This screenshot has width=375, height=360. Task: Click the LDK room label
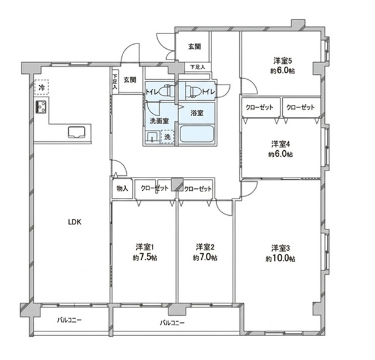tap(74, 222)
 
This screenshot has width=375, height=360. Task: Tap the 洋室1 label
tap(145, 247)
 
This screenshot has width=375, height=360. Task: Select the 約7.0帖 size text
tap(205, 258)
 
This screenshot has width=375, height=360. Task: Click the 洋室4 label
tap(280, 144)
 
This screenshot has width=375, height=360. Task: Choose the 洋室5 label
tap(283, 61)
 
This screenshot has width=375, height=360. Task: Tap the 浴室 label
tap(197, 113)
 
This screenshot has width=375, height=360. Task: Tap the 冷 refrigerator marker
tap(42, 88)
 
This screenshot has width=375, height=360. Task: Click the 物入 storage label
tap(122, 189)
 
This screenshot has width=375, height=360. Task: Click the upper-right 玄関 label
tap(195, 47)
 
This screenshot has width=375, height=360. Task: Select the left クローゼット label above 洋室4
tap(260, 107)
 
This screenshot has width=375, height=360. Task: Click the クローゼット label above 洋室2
tap(198, 189)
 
